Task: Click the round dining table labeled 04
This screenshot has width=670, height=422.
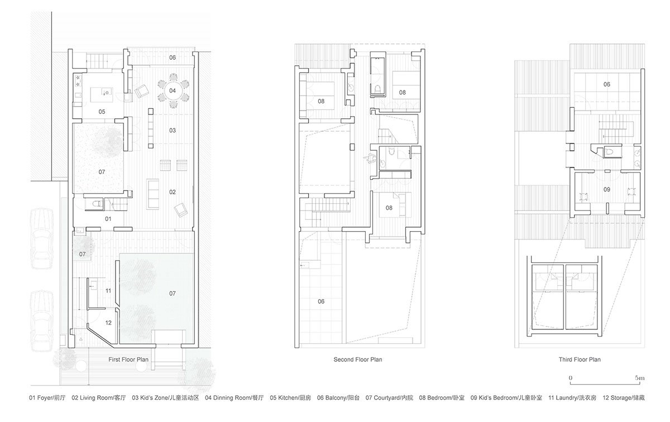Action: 173,91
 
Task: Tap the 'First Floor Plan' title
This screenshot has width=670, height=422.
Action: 128,360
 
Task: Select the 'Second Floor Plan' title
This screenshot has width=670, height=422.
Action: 358,360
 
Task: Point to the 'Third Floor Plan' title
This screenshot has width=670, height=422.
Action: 580,360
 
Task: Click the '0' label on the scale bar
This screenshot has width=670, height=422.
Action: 571,378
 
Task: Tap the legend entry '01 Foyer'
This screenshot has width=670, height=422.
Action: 46,399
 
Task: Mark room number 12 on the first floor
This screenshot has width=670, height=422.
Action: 108,323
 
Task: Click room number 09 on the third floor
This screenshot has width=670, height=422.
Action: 606,190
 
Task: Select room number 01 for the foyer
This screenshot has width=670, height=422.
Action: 108,219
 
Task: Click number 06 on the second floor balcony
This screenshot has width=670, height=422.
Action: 321,301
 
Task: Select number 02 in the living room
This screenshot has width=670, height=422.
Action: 173,192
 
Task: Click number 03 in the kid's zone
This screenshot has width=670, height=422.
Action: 173,131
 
